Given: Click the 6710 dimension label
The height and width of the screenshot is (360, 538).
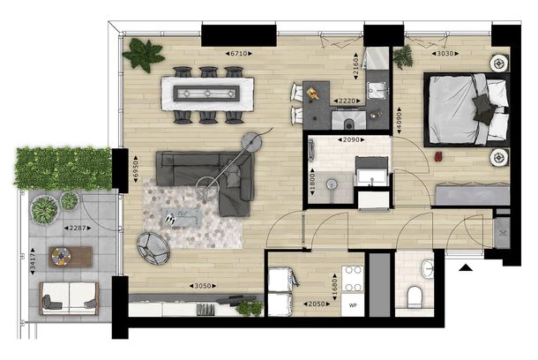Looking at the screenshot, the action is tap(239, 54).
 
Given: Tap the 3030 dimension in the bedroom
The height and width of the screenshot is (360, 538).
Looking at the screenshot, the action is tap(445, 54).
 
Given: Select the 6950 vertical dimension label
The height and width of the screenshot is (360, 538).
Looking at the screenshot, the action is tap(135, 169).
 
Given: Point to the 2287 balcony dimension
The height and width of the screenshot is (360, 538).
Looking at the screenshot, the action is tap(78, 228).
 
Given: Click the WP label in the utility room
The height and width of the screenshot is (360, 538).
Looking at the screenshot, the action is tap(353, 305).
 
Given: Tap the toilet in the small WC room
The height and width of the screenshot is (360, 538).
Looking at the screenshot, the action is tap(415, 296).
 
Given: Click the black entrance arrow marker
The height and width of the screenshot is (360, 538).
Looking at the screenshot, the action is tap(466, 267).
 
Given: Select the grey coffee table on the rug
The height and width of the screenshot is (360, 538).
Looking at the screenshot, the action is tap(183, 218).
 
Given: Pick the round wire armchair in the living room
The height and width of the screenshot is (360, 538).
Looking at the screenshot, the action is tap(153, 248).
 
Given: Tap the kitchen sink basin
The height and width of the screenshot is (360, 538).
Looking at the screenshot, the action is tap(376, 90).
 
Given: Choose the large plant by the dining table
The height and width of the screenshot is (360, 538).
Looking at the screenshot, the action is tap(143, 55).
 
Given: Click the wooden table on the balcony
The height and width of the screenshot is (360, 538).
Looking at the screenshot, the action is tap(71, 257).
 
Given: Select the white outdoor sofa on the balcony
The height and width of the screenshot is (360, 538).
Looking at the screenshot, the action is tap(70, 298).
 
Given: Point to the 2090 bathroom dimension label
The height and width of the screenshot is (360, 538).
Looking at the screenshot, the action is tap(351, 140).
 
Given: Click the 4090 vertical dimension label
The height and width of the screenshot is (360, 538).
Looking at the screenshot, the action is tap(399, 120).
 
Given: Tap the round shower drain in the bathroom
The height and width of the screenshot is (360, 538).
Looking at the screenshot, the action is tap(331, 184).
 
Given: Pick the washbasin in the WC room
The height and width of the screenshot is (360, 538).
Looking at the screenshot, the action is tap(428, 268).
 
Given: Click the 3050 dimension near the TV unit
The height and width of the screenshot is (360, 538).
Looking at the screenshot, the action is tap(203, 286).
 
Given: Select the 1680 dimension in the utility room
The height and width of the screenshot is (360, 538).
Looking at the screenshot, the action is tap(335, 287).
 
